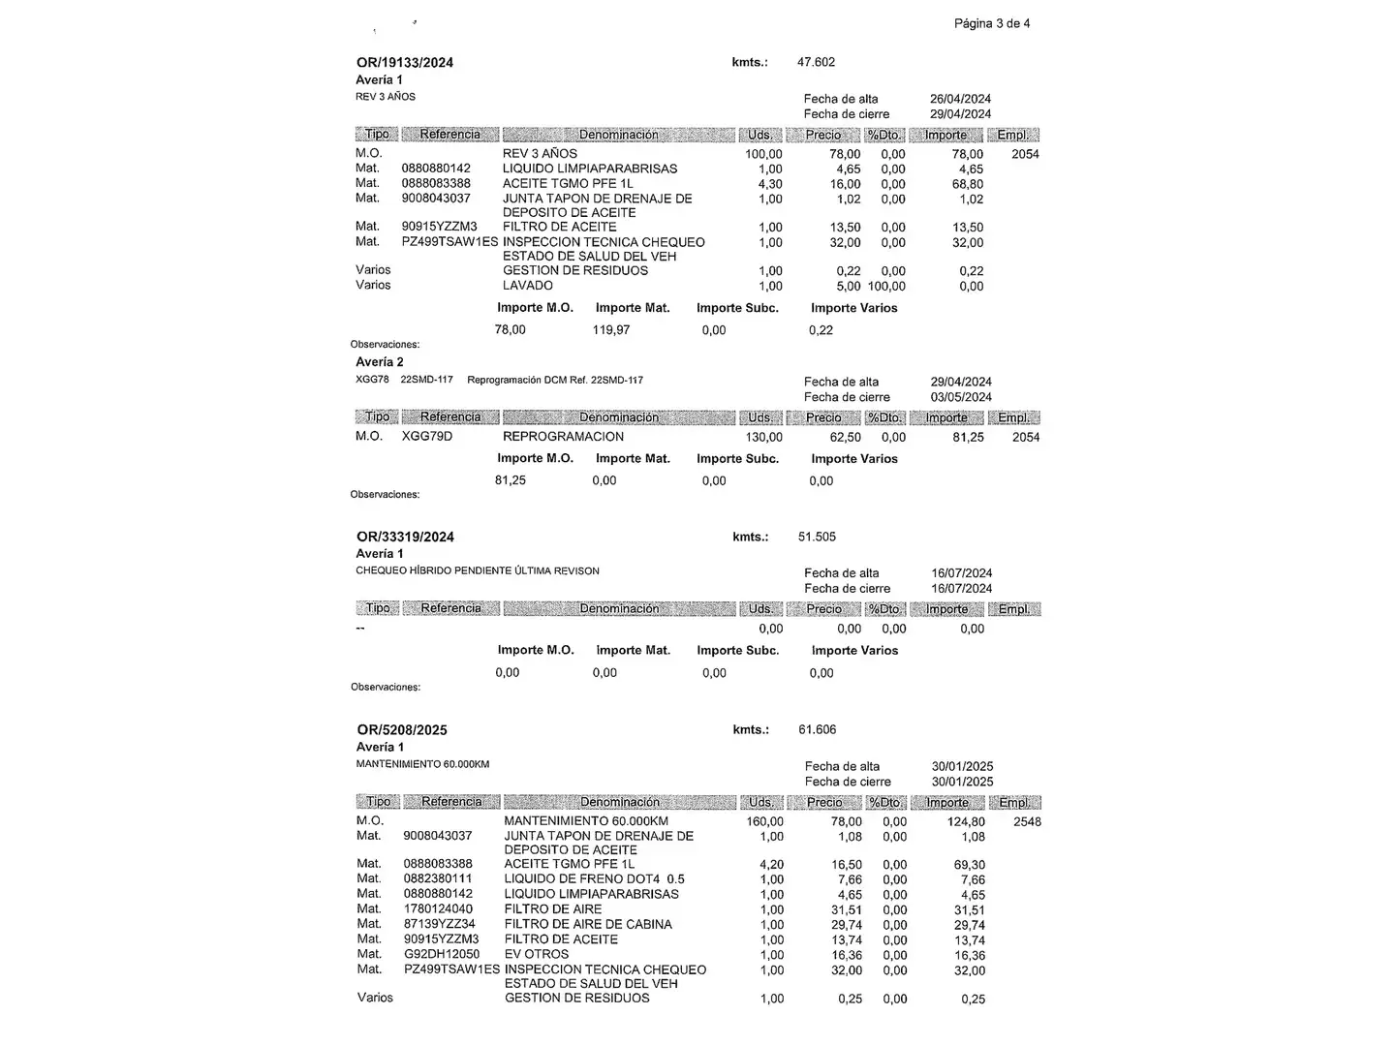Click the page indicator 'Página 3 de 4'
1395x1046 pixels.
point(991,23)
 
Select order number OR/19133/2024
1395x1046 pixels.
point(405,63)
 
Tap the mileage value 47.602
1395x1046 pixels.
point(816,62)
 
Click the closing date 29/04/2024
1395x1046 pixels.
point(960,114)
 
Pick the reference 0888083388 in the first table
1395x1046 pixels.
point(436,183)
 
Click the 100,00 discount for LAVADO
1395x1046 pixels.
point(886,286)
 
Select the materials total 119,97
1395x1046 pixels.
point(611,330)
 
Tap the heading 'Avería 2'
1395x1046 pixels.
point(380,362)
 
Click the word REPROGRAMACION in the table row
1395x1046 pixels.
point(563,437)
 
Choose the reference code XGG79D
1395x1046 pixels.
point(427,437)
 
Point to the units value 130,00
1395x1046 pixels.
point(763,438)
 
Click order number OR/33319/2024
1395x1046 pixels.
point(405,538)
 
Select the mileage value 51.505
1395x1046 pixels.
point(817,537)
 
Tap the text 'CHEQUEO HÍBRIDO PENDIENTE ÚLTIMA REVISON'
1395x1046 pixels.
point(478,571)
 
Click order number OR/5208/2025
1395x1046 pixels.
point(402,730)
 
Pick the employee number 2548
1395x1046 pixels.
point(1027,822)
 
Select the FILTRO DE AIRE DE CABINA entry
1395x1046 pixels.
point(588,924)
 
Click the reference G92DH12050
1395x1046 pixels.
point(442,954)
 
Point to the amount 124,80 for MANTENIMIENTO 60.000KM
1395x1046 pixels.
point(966,822)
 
